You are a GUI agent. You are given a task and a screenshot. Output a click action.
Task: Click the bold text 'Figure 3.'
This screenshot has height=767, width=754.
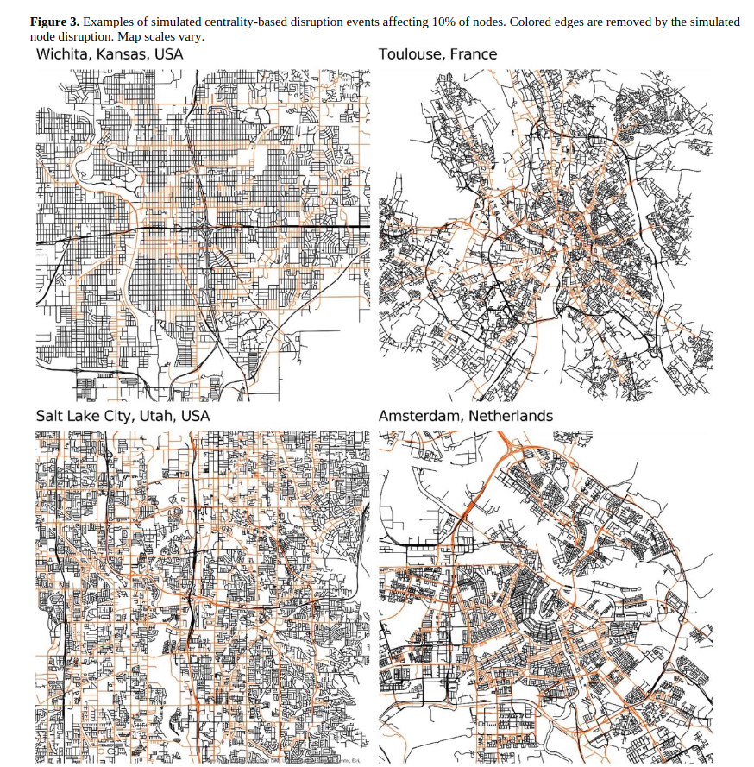(x=54, y=22)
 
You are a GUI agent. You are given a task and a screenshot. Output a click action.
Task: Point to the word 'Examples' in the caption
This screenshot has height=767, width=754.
(x=108, y=22)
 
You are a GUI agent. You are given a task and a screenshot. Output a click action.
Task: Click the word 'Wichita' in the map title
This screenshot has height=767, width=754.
(x=61, y=55)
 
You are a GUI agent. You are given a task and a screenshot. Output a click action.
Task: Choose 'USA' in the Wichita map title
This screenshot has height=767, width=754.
(x=169, y=55)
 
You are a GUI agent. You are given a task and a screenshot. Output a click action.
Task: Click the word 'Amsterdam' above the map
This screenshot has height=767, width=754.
(x=420, y=416)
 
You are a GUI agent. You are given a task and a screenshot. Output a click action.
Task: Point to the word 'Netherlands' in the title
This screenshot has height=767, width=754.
(x=511, y=416)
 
